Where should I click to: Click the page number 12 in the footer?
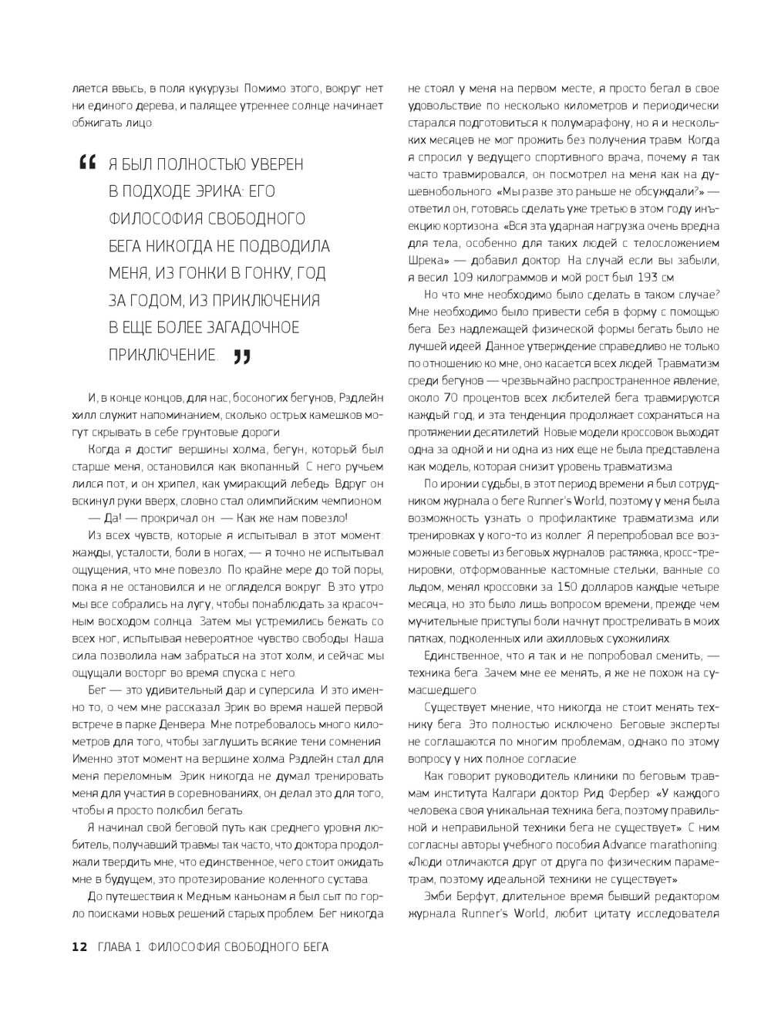coord(79,947)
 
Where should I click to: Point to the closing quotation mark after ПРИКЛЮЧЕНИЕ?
coord(241,356)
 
